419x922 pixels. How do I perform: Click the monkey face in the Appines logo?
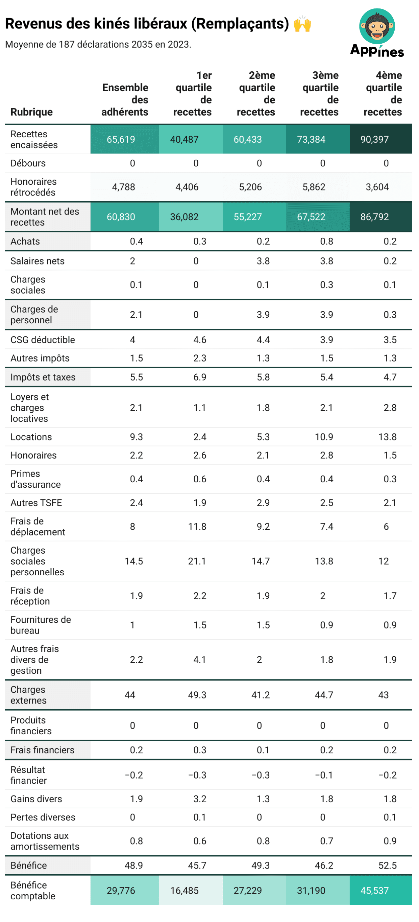[x=377, y=26]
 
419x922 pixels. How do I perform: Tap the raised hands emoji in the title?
[x=302, y=24]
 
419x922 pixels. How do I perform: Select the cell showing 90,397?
[x=374, y=139]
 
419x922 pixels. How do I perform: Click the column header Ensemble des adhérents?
[x=125, y=99]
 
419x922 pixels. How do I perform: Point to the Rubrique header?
[x=31, y=112]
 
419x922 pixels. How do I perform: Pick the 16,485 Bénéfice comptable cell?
[x=184, y=890]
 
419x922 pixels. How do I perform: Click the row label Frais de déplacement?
[x=38, y=527]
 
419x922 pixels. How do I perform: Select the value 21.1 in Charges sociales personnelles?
[x=197, y=561]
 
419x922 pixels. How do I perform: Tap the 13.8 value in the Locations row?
[x=387, y=437]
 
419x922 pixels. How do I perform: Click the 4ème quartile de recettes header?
[x=383, y=93]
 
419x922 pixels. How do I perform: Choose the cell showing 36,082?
[x=184, y=216]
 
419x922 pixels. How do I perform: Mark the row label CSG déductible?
[x=43, y=340]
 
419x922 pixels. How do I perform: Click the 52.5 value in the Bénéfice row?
[x=387, y=865]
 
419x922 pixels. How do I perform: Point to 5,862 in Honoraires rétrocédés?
[x=314, y=187]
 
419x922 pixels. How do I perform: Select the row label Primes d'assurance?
[x=35, y=479]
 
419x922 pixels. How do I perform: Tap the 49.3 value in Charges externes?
[x=197, y=695]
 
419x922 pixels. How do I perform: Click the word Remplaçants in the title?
[x=240, y=24]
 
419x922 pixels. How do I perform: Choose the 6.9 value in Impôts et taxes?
[x=199, y=377]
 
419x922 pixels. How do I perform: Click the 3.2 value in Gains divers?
[x=199, y=799]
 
